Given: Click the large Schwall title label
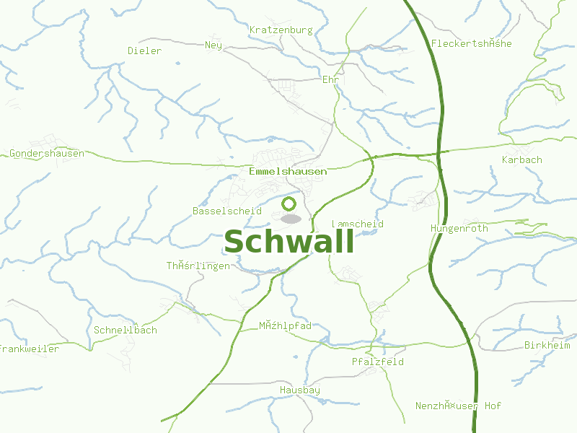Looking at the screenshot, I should (288, 242).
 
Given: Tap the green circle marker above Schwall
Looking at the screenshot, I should (289, 204).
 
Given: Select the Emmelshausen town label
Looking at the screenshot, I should (288, 172).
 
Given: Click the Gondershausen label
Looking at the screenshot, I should (47, 154).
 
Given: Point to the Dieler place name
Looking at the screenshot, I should (144, 51).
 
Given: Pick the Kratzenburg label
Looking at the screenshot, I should (281, 30).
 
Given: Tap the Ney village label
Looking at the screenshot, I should (213, 45).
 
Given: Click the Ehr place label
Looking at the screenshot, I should (330, 79).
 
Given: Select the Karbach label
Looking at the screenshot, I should (521, 159).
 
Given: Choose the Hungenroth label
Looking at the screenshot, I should (459, 229).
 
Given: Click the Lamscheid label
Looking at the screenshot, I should (358, 224).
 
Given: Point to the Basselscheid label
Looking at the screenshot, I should (226, 211).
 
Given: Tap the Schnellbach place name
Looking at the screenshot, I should (125, 331).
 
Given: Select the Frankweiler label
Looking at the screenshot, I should (30, 349).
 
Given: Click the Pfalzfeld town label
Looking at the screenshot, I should (377, 362).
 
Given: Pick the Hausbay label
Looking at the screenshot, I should (299, 390).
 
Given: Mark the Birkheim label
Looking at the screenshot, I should (547, 346).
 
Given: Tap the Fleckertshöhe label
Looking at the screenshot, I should (471, 44).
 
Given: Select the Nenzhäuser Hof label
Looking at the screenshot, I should (458, 406).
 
